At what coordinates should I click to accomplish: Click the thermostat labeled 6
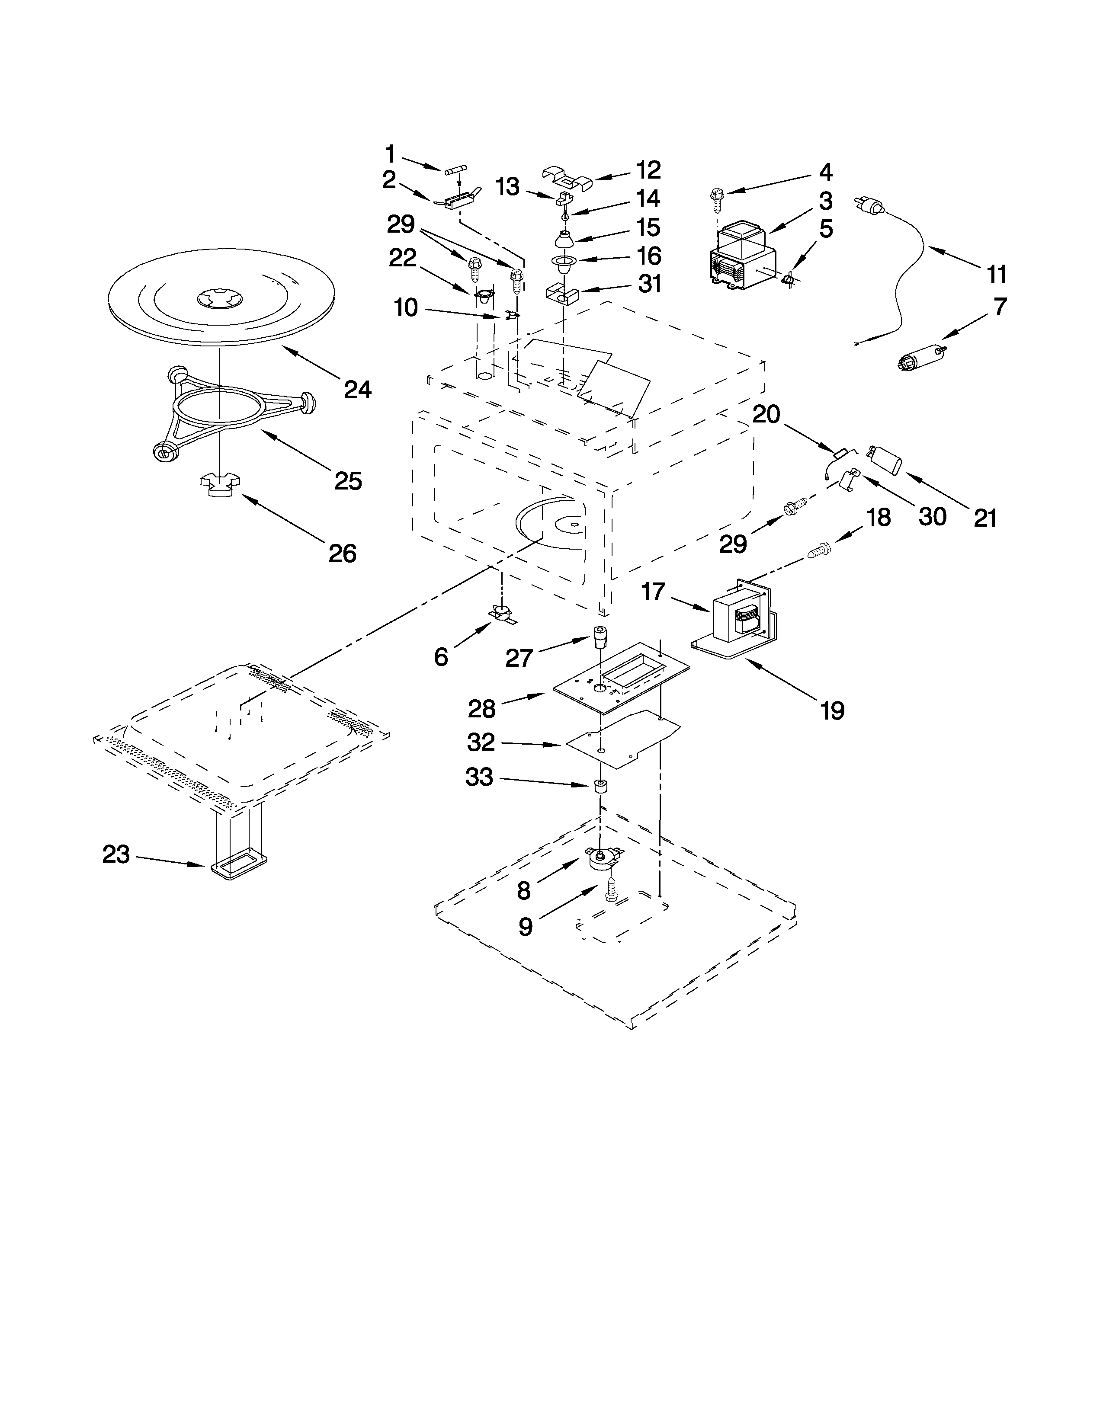(x=503, y=614)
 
